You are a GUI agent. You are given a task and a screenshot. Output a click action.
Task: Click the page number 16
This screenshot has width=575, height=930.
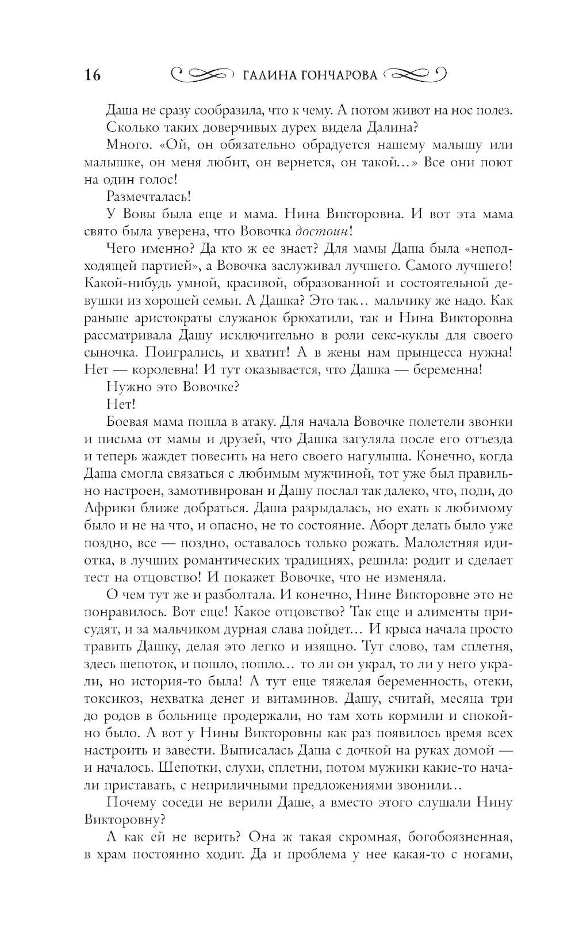[93, 75]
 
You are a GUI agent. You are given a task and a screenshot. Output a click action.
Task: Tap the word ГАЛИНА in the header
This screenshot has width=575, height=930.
[269, 75]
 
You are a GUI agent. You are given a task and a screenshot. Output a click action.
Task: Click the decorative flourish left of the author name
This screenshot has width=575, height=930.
[203, 75]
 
